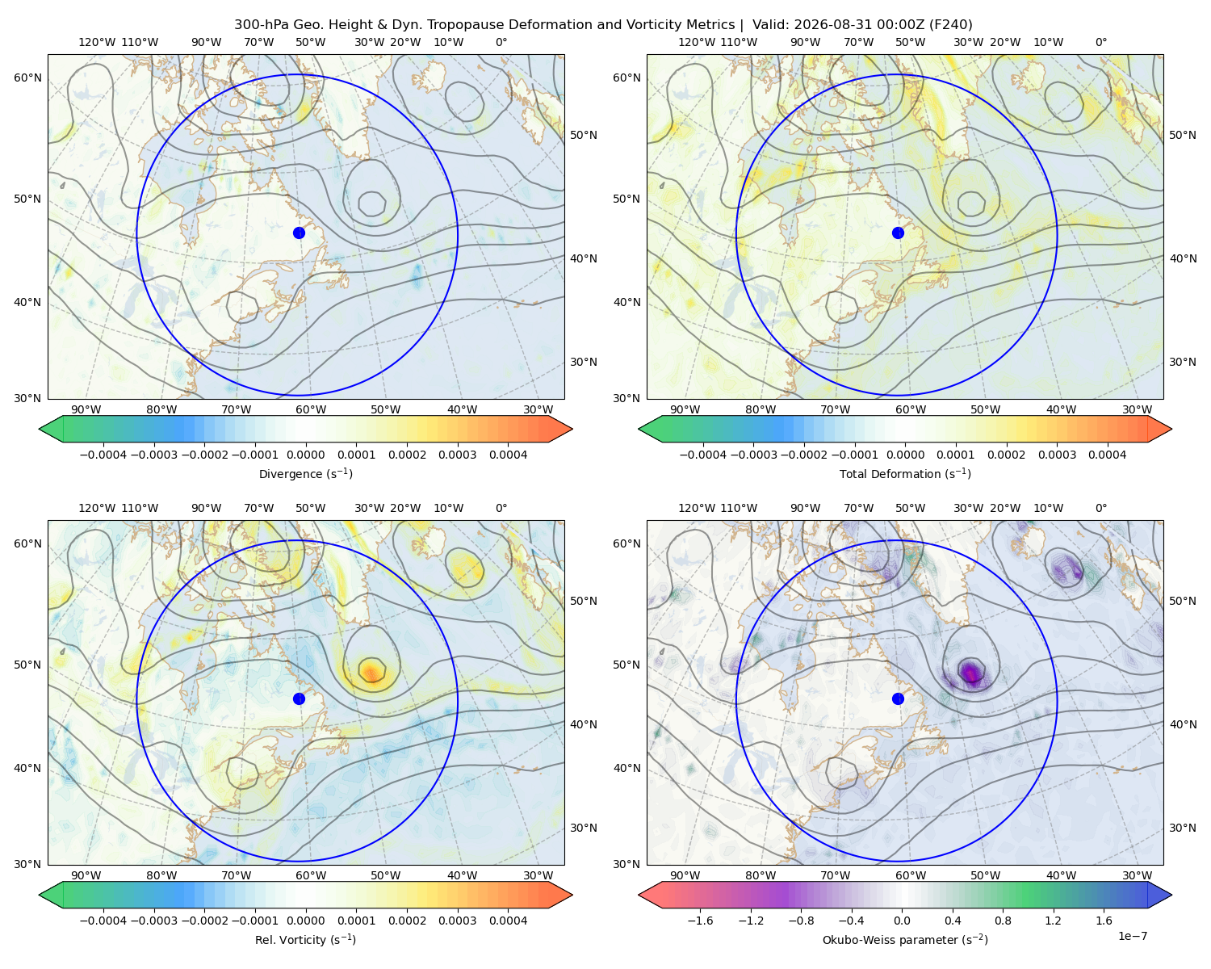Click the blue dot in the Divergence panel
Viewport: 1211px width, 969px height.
click(299, 233)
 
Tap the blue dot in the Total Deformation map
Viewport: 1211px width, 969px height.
click(898, 233)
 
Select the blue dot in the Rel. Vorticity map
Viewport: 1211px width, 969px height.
click(299, 698)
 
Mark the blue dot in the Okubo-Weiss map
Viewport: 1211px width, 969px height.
click(898, 698)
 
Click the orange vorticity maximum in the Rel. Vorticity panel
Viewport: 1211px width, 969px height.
click(371, 671)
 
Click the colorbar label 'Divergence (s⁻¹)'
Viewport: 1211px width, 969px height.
click(305, 473)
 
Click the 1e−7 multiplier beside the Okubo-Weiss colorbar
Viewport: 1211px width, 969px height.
click(1132, 936)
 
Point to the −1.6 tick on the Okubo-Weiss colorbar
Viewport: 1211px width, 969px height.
click(700, 921)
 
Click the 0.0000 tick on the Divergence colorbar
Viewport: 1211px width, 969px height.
click(305, 455)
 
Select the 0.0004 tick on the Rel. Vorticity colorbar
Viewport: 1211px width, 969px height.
click(508, 921)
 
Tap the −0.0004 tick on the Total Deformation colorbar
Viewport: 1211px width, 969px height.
click(703, 455)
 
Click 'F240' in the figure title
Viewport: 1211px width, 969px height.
click(950, 25)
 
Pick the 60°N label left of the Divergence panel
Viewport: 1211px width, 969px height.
click(27, 78)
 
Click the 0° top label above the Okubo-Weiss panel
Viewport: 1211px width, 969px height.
click(1100, 508)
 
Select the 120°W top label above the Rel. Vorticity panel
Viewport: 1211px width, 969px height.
click(97, 508)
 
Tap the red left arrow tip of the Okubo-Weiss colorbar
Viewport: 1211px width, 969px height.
click(639, 895)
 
